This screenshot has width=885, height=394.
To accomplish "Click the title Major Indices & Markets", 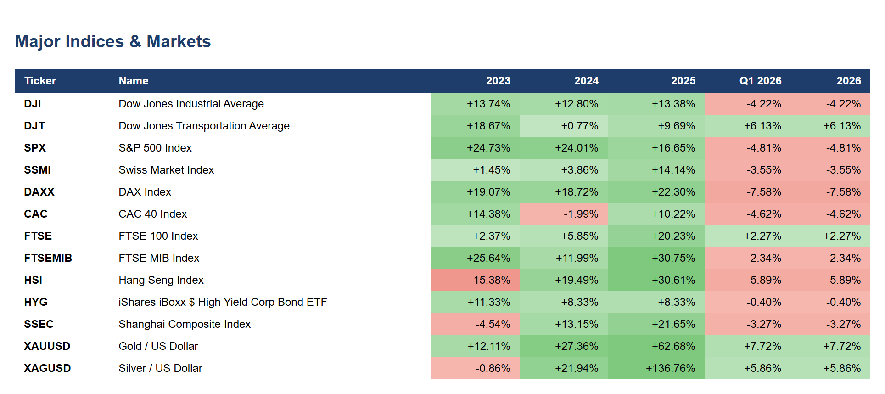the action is [x=113, y=41].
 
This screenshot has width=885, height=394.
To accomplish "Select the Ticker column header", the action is [x=40, y=81].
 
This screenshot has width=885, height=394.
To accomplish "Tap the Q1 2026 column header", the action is [x=760, y=81].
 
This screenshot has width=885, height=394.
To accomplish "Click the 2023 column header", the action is [x=498, y=81].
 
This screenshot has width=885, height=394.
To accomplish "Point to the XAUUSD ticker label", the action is [x=47, y=346].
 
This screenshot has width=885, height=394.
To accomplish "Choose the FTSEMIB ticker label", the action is [x=48, y=258].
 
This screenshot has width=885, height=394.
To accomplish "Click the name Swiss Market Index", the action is [x=166, y=170].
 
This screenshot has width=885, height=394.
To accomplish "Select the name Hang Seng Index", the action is [x=161, y=280].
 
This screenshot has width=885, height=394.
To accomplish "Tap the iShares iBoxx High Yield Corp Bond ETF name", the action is [x=223, y=302].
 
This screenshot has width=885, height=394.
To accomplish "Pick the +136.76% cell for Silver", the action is [x=656, y=368].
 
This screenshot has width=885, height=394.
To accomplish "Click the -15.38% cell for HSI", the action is [x=476, y=280].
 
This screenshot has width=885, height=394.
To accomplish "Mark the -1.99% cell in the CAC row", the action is [x=564, y=214].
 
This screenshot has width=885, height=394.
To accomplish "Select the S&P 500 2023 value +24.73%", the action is [x=476, y=148].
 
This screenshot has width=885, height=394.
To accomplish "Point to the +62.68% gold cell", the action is [x=656, y=346].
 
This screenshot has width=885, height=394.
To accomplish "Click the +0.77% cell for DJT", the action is [x=564, y=126].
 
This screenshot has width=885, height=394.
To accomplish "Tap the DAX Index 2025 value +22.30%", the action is [x=656, y=192].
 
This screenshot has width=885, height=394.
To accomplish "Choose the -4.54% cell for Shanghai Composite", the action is [x=476, y=324].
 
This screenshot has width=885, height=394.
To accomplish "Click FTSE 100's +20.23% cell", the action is [x=656, y=236].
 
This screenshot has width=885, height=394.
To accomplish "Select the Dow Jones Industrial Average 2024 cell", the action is [x=564, y=104].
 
